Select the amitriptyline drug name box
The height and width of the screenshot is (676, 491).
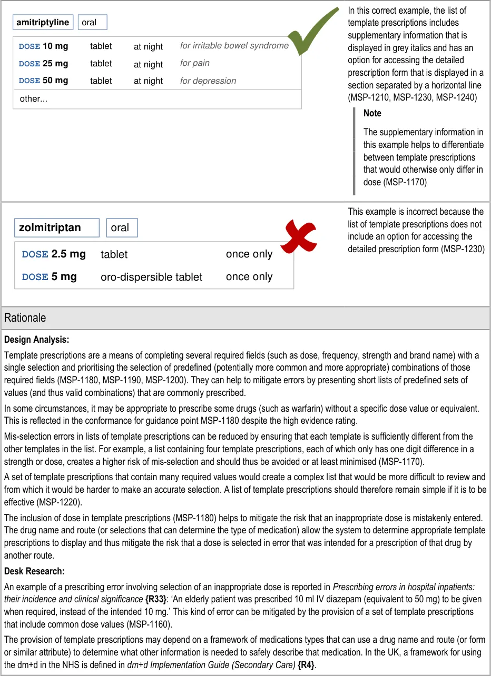coord(43,22)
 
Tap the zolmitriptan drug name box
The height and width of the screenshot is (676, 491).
coord(57,227)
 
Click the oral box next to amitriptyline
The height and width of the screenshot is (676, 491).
coord(92,22)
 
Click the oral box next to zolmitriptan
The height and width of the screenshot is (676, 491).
coord(122,227)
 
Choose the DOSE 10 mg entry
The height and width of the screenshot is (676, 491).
coord(44,46)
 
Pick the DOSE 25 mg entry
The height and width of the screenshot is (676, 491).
coord(44,64)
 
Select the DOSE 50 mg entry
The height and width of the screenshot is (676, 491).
coord(44,81)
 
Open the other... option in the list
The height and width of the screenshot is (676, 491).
coord(34,98)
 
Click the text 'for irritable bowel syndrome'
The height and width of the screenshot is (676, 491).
coord(234,46)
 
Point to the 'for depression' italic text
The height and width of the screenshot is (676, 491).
coord(208,81)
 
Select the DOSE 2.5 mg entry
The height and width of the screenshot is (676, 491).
coord(54,254)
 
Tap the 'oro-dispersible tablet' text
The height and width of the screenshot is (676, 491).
coord(151,277)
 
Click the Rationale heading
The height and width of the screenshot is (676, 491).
coord(25,318)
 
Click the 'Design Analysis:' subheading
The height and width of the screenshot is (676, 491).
coord(36,340)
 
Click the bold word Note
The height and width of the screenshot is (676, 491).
coord(372,113)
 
